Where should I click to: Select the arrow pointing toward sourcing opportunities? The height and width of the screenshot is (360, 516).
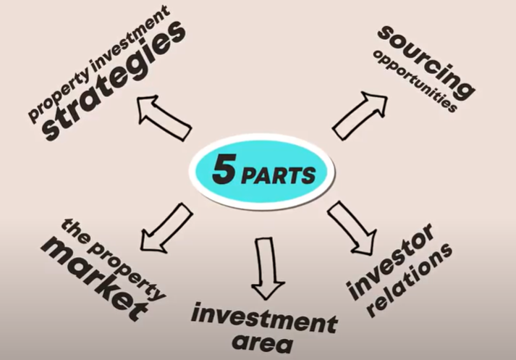(x=360, y=114)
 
